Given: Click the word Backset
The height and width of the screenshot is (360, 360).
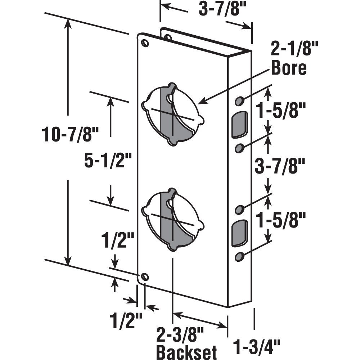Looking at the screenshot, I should coord(186,351).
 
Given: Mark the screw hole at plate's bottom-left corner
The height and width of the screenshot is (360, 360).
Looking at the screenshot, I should coord(145,277).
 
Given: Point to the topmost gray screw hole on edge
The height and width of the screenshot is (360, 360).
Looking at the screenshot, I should coord(239,101).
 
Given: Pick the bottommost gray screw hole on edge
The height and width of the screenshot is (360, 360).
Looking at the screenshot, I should coord(239,256).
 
